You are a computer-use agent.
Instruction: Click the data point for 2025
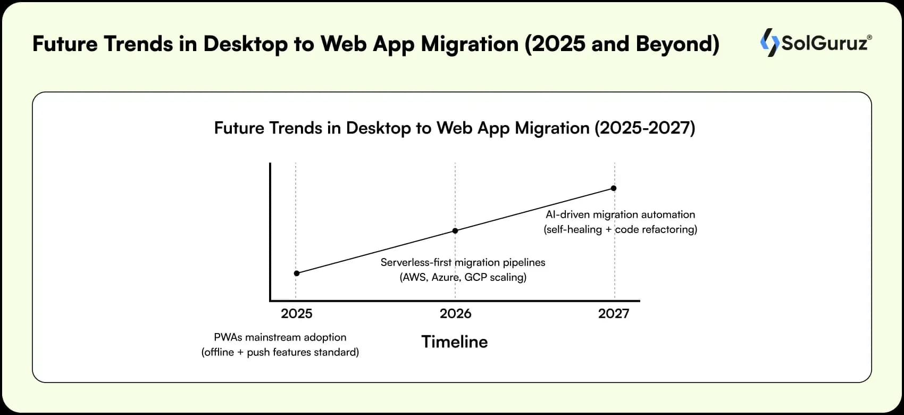pyautogui.click(x=297, y=273)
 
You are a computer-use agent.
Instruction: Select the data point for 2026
pyautogui.click(x=455, y=231)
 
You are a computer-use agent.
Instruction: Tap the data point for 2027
pyautogui.click(x=614, y=188)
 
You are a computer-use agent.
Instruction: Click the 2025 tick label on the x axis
pyautogui.click(x=297, y=314)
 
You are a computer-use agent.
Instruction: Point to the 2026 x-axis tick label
pyautogui.click(x=455, y=314)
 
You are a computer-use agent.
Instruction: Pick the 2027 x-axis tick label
pyautogui.click(x=614, y=314)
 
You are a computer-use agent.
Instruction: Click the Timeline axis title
pyautogui.click(x=455, y=342)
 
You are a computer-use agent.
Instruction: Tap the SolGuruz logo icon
pyautogui.click(x=769, y=43)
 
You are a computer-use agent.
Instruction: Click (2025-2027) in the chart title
pyautogui.click(x=644, y=128)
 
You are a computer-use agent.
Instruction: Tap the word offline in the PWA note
pyautogui.click(x=219, y=352)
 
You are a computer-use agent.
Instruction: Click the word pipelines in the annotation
pyautogui.click(x=524, y=263)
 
